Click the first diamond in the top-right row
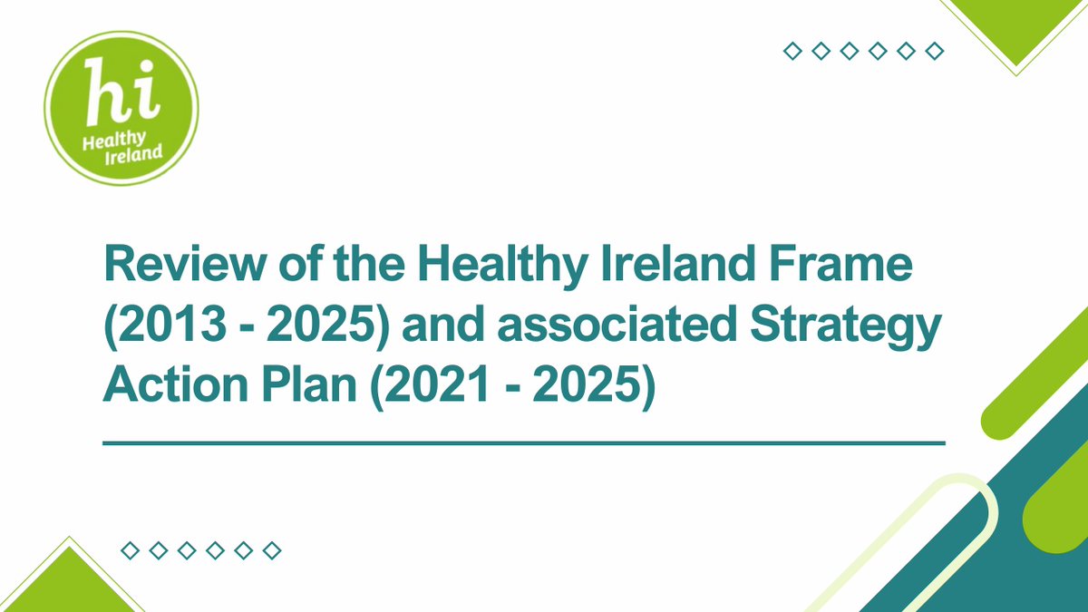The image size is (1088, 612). [x=792, y=52]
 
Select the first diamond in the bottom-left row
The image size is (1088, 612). [x=130, y=550]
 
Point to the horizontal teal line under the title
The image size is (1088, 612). [x=524, y=443]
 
